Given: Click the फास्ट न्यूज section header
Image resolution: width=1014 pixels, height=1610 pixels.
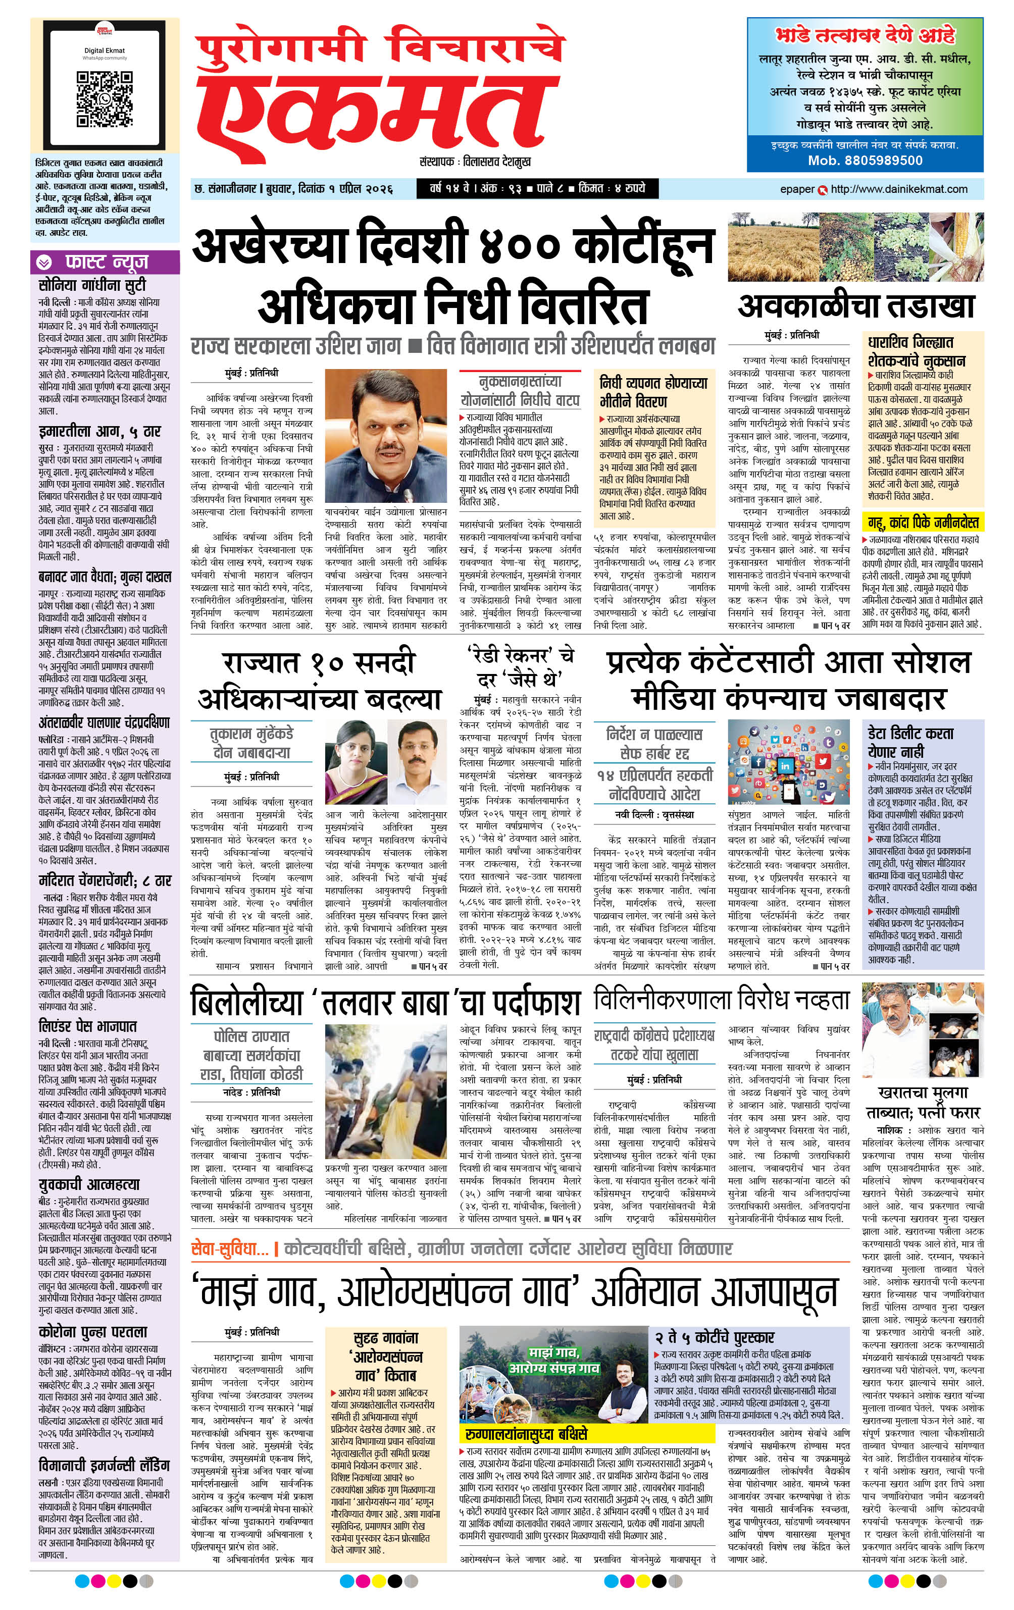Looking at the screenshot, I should pos(106,262).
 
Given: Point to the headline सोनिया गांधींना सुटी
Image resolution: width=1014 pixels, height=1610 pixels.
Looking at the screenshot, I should pos(92,285).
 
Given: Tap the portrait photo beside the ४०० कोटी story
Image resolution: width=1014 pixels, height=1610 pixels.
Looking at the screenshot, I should pos(386,438).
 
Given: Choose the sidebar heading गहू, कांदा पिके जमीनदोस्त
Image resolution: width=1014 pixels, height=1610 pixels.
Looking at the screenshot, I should pos(923,522).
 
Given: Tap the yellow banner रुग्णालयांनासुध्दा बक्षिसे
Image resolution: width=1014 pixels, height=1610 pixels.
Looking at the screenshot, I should pos(526,1434).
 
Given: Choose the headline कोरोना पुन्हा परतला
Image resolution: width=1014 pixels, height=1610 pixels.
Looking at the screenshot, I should pos(93,1332).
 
